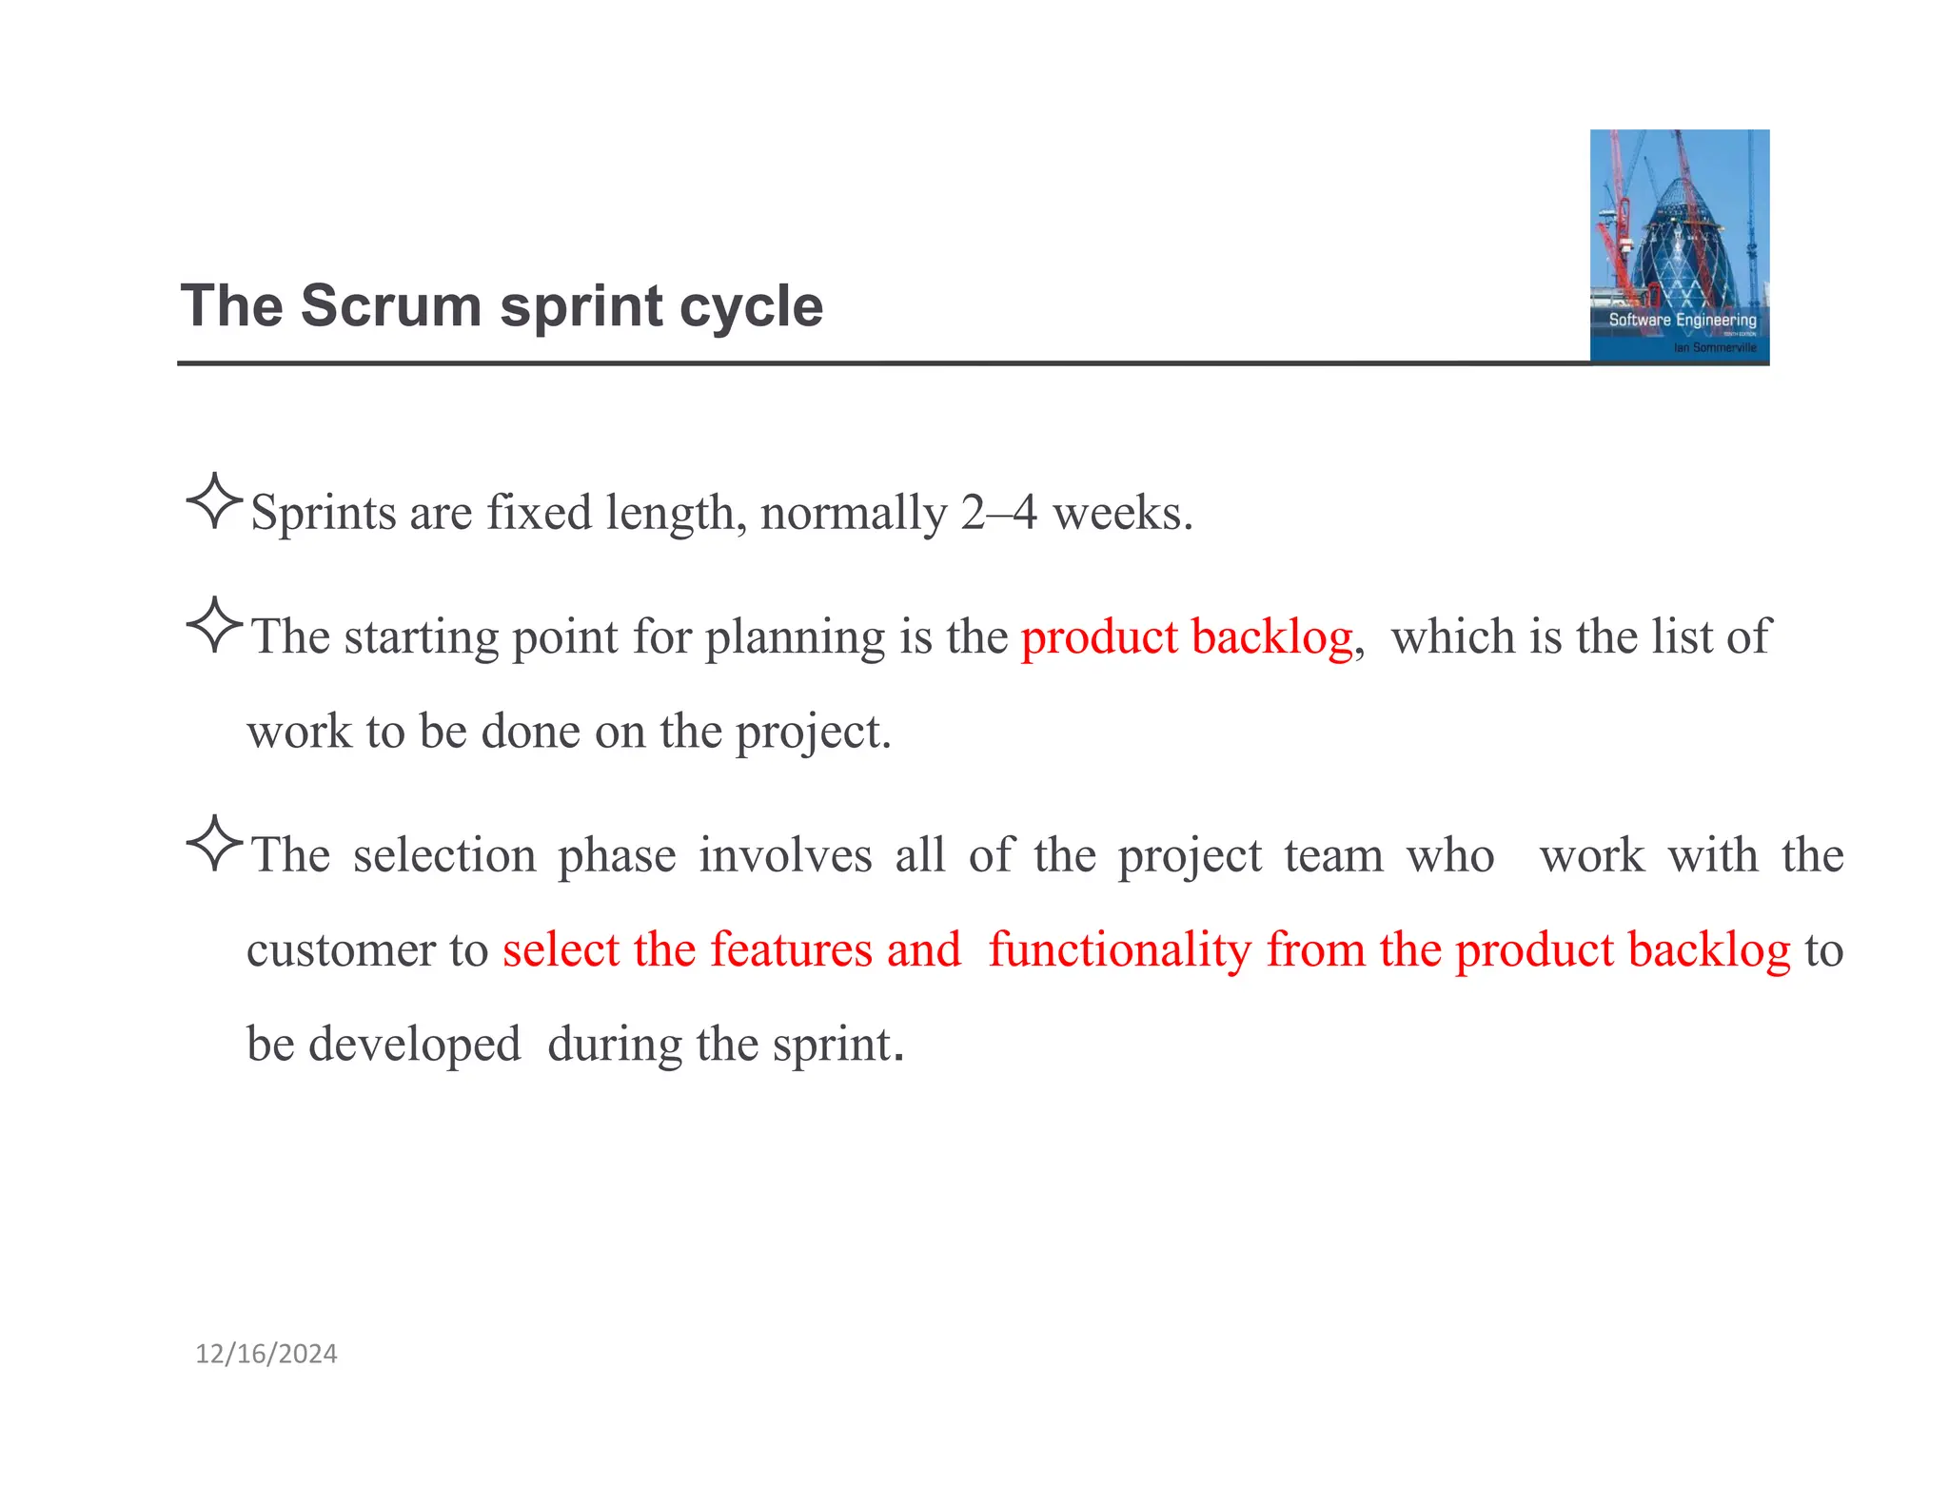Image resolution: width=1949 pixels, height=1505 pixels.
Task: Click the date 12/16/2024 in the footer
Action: pyautogui.click(x=266, y=1354)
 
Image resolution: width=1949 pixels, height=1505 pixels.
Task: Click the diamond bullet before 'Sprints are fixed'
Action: pyautogui.click(x=215, y=500)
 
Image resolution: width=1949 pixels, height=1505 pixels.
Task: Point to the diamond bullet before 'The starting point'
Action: pyautogui.click(x=215, y=625)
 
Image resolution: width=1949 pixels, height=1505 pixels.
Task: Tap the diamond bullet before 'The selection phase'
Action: pyautogui.click(x=215, y=843)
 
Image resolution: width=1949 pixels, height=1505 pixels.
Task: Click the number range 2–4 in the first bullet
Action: pyautogui.click(x=998, y=513)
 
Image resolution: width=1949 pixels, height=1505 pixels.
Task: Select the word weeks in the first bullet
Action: pyautogui.click(x=1121, y=513)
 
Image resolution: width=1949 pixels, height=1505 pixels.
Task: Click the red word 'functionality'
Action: pyautogui.click(x=1120, y=949)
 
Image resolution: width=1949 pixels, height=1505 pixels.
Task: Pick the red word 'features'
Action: pyautogui.click(x=791, y=949)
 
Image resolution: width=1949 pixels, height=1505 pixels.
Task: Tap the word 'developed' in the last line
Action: pyautogui.click(x=414, y=1044)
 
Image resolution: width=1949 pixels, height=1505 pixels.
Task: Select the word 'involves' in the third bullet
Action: pyautogui.click(x=785, y=854)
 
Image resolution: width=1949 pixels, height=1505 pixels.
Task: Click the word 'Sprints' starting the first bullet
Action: pyautogui.click(x=323, y=513)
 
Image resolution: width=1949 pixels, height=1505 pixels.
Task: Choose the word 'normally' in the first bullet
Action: pyautogui.click(x=854, y=513)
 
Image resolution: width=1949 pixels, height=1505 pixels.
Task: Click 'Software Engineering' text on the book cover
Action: pyautogui.click(x=1682, y=320)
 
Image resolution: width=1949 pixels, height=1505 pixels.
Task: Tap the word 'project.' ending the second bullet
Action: pyautogui.click(x=814, y=732)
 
